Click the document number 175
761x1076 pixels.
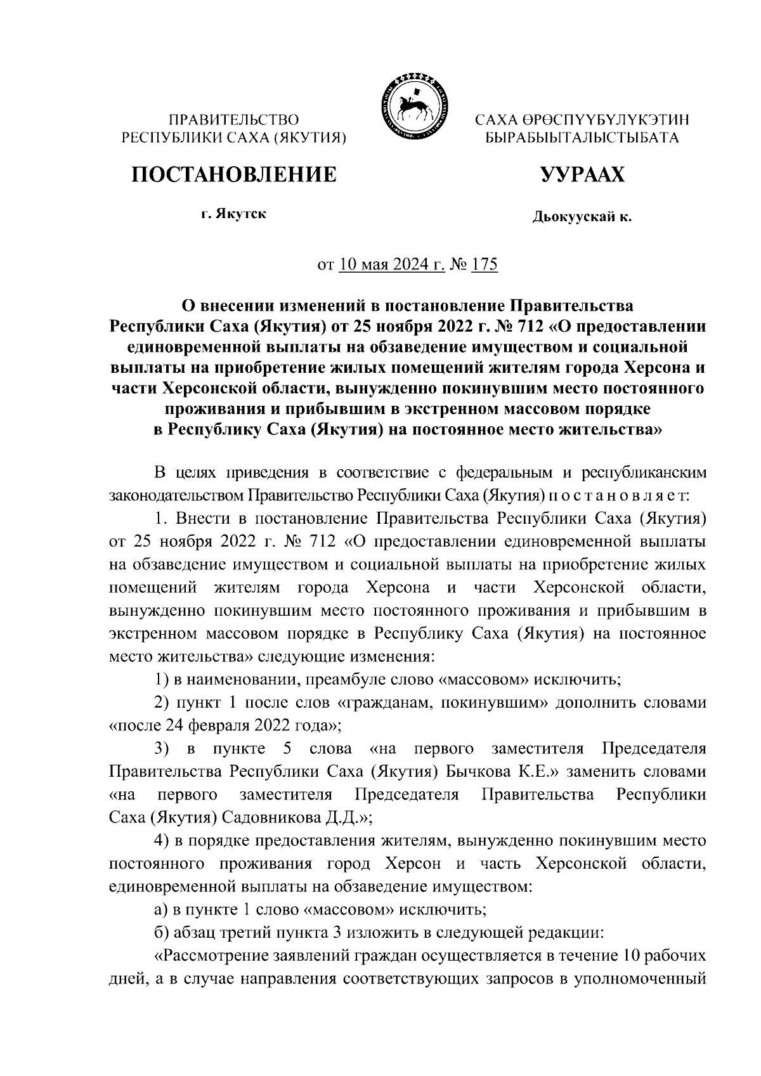click(485, 264)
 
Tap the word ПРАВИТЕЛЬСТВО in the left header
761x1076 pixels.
click(233, 119)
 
